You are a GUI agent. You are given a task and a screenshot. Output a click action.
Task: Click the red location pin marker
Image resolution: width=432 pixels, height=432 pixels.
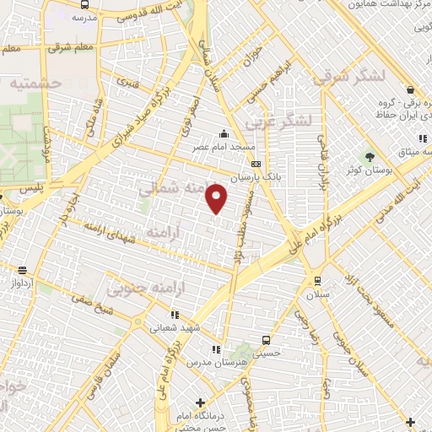point(217,198)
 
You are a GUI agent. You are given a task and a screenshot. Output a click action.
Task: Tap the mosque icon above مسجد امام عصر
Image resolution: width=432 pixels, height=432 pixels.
point(224,132)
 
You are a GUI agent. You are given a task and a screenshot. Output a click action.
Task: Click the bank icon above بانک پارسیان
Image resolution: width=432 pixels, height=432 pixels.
point(256,165)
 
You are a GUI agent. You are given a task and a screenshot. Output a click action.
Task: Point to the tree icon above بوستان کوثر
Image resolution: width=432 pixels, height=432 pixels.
point(369,157)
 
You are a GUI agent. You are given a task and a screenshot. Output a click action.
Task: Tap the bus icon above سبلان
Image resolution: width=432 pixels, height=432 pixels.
point(317,281)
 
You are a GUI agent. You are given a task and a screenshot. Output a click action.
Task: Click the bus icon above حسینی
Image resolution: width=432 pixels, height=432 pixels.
point(267,341)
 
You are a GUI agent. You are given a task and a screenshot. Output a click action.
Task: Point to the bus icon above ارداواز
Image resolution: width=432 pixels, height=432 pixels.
point(22,271)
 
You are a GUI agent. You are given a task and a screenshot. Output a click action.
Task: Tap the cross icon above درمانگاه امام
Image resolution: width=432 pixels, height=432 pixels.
point(200,402)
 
